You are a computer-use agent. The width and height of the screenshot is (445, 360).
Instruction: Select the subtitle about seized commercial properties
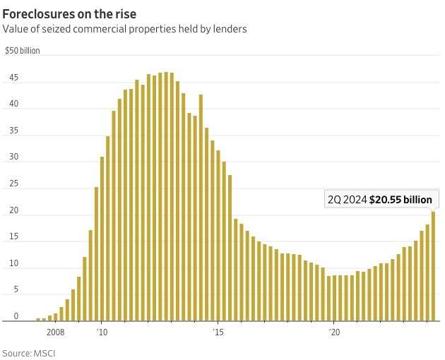[x=125, y=29]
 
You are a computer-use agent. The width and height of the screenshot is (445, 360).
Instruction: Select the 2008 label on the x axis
[x=56, y=330]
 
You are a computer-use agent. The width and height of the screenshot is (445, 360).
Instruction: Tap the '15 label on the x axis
[x=218, y=330]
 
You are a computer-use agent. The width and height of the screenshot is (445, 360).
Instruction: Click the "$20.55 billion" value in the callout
[x=400, y=200]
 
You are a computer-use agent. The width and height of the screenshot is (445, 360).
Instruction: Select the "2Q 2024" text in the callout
[x=346, y=200]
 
